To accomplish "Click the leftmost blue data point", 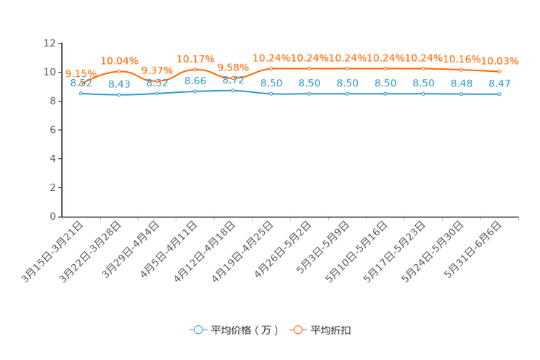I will click(81, 94).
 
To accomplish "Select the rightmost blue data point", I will click(499, 94).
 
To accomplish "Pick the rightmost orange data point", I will click(499, 71).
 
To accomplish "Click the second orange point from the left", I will click(119, 70).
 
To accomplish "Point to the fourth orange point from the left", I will click(195, 70).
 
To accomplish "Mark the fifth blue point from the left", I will click(233, 91).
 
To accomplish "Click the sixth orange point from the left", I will click(271, 68).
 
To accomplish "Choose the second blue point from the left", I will click(119, 95).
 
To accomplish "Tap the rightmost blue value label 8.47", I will click(499, 83).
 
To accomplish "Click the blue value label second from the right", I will click(462, 83).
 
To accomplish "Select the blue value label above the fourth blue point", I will click(195, 81).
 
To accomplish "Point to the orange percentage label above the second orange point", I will click(119, 60).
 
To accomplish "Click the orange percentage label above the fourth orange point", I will click(195, 58).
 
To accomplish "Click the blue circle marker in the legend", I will click(197, 330).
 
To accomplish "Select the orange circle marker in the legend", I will click(298, 330).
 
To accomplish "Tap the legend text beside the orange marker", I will click(331, 330).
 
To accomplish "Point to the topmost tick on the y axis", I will click(58, 44).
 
